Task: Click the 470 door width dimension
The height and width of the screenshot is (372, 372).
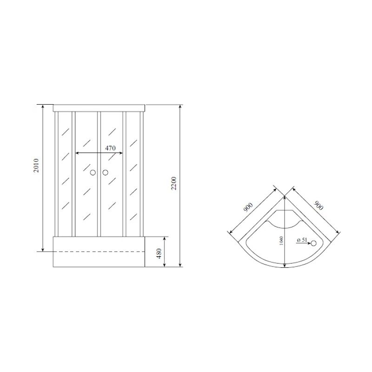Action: [x=110, y=148]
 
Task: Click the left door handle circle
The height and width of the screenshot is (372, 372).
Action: [x=93, y=173]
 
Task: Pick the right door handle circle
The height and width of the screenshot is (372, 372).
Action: [x=105, y=173]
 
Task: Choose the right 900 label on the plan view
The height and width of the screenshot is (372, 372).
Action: [x=319, y=205]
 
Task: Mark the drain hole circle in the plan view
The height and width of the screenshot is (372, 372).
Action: [x=313, y=243]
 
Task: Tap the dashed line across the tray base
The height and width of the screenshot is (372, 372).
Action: [x=100, y=252]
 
